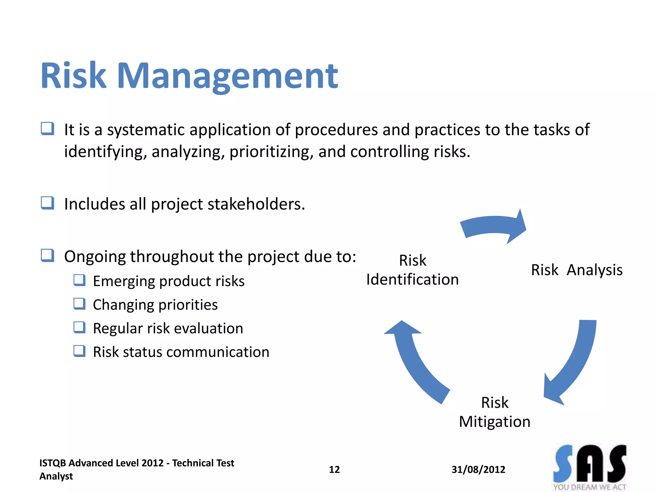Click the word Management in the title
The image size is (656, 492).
click(x=227, y=76)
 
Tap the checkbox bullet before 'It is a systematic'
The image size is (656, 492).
click(x=47, y=129)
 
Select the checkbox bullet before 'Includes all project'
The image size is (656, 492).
click(x=47, y=203)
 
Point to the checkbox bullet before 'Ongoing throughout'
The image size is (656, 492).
click(x=47, y=256)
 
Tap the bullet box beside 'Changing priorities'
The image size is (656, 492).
click(x=79, y=304)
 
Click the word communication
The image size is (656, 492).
click(x=218, y=352)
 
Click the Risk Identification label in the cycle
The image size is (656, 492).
click(x=412, y=270)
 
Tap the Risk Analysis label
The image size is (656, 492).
click(x=577, y=270)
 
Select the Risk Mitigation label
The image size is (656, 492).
click(x=495, y=412)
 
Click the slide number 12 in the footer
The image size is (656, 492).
click(x=334, y=470)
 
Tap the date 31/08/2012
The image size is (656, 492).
click(x=478, y=470)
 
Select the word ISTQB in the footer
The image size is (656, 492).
click(x=53, y=463)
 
